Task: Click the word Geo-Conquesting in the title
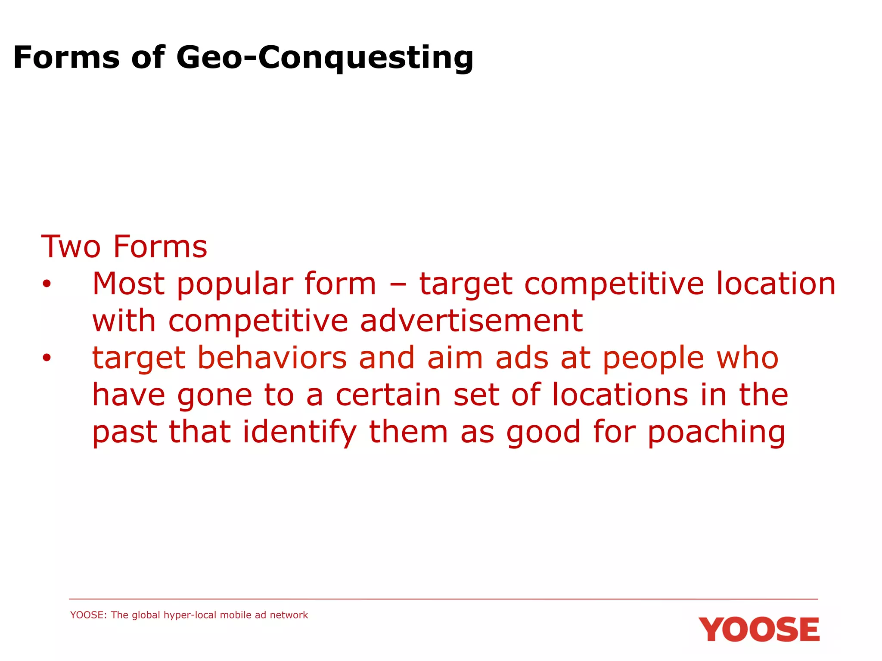click(x=325, y=58)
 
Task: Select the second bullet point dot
click(x=47, y=358)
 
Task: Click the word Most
click(x=129, y=284)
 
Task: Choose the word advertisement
click(x=471, y=321)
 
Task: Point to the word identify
click(x=300, y=432)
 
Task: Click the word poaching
click(x=716, y=432)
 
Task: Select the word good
click(x=543, y=432)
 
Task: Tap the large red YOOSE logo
click(x=759, y=630)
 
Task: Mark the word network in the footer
click(x=289, y=615)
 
